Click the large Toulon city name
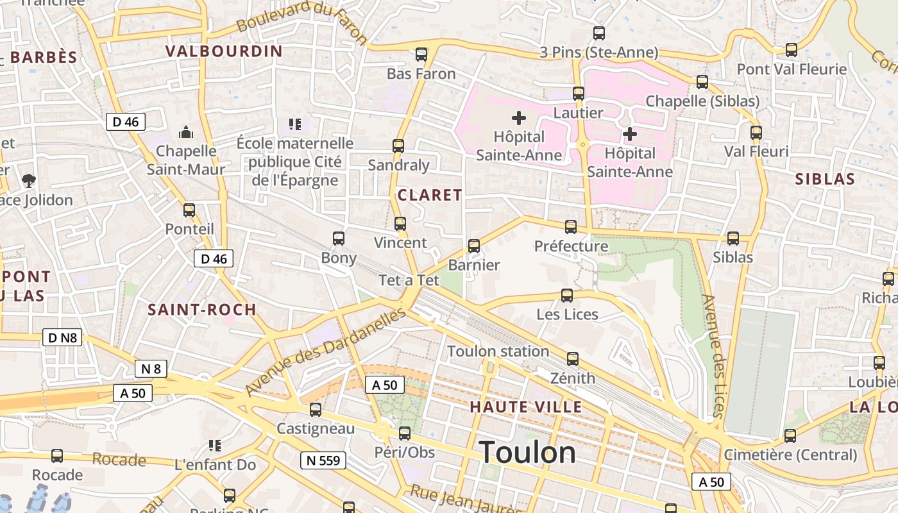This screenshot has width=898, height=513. [527, 453]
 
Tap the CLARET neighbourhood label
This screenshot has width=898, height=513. [430, 195]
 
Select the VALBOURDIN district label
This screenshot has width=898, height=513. [224, 51]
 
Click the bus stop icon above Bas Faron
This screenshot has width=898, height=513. [421, 55]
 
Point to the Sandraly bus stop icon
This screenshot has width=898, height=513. [398, 146]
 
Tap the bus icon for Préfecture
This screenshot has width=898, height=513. [570, 226]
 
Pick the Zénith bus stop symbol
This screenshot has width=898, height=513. [572, 358]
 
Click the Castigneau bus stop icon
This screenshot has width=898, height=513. [315, 409]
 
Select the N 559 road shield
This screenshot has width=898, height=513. [323, 460]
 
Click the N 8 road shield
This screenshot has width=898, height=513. [151, 369]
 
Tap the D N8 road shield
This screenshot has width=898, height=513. [62, 337]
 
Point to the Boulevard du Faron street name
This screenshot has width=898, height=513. [301, 22]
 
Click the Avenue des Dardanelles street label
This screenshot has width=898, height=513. [325, 352]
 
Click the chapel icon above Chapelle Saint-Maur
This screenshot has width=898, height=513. [186, 132]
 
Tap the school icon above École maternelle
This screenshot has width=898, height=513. [294, 124]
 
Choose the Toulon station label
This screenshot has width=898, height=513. [498, 351]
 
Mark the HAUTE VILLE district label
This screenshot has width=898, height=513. [525, 407]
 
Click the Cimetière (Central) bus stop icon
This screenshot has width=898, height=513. [790, 435]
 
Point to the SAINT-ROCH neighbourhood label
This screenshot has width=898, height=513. [202, 310]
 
